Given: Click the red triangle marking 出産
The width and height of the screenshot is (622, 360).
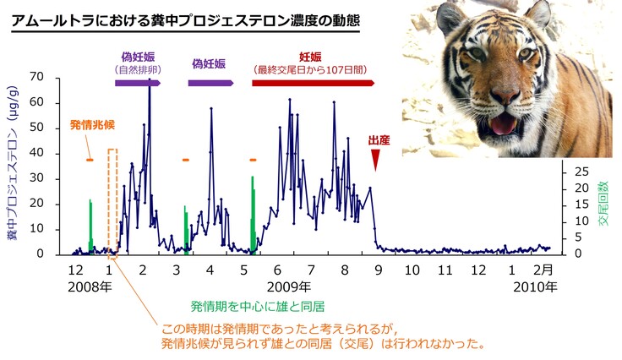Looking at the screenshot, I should (377, 161).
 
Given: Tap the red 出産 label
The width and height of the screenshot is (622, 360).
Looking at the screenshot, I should (379, 140).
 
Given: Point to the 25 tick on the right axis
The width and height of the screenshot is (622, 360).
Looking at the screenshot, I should (581, 171).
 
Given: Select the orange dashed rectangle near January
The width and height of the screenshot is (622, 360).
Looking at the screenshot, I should (112, 200).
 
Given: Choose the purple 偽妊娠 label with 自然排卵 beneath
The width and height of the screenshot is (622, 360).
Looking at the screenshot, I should (139, 52).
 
